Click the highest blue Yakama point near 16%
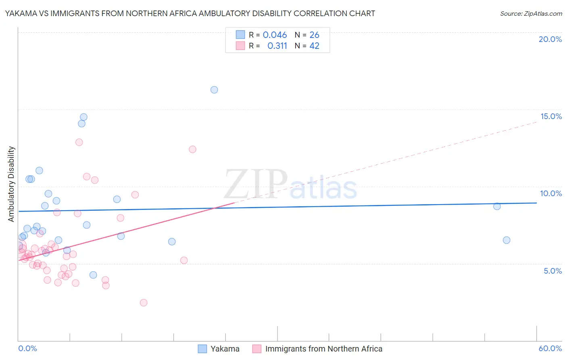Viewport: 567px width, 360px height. [x=214, y=90]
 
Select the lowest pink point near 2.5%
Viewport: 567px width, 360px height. [x=144, y=303]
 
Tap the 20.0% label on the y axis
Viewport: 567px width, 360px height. [x=550, y=39]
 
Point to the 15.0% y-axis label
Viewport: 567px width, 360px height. [x=551, y=116]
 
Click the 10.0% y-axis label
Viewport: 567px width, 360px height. [x=551, y=193]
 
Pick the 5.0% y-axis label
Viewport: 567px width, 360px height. [x=552, y=271]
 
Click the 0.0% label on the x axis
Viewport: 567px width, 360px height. [x=27, y=348]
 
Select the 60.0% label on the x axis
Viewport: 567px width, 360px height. [x=550, y=348]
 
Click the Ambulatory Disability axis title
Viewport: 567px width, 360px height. [x=11, y=184]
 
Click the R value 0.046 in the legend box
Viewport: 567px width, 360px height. [x=275, y=35]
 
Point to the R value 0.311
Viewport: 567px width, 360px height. [x=277, y=46]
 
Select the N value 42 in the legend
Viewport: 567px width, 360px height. [x=314, y=46]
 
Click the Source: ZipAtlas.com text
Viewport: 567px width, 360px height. [x=531, y=14]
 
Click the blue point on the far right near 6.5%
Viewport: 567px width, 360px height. [x=507, y=240]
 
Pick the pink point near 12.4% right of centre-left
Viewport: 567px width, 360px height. [x=192, y=149]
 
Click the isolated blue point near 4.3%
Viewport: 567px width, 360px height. [x=93, y=275]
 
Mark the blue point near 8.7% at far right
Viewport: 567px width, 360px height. [x=497, y=206]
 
